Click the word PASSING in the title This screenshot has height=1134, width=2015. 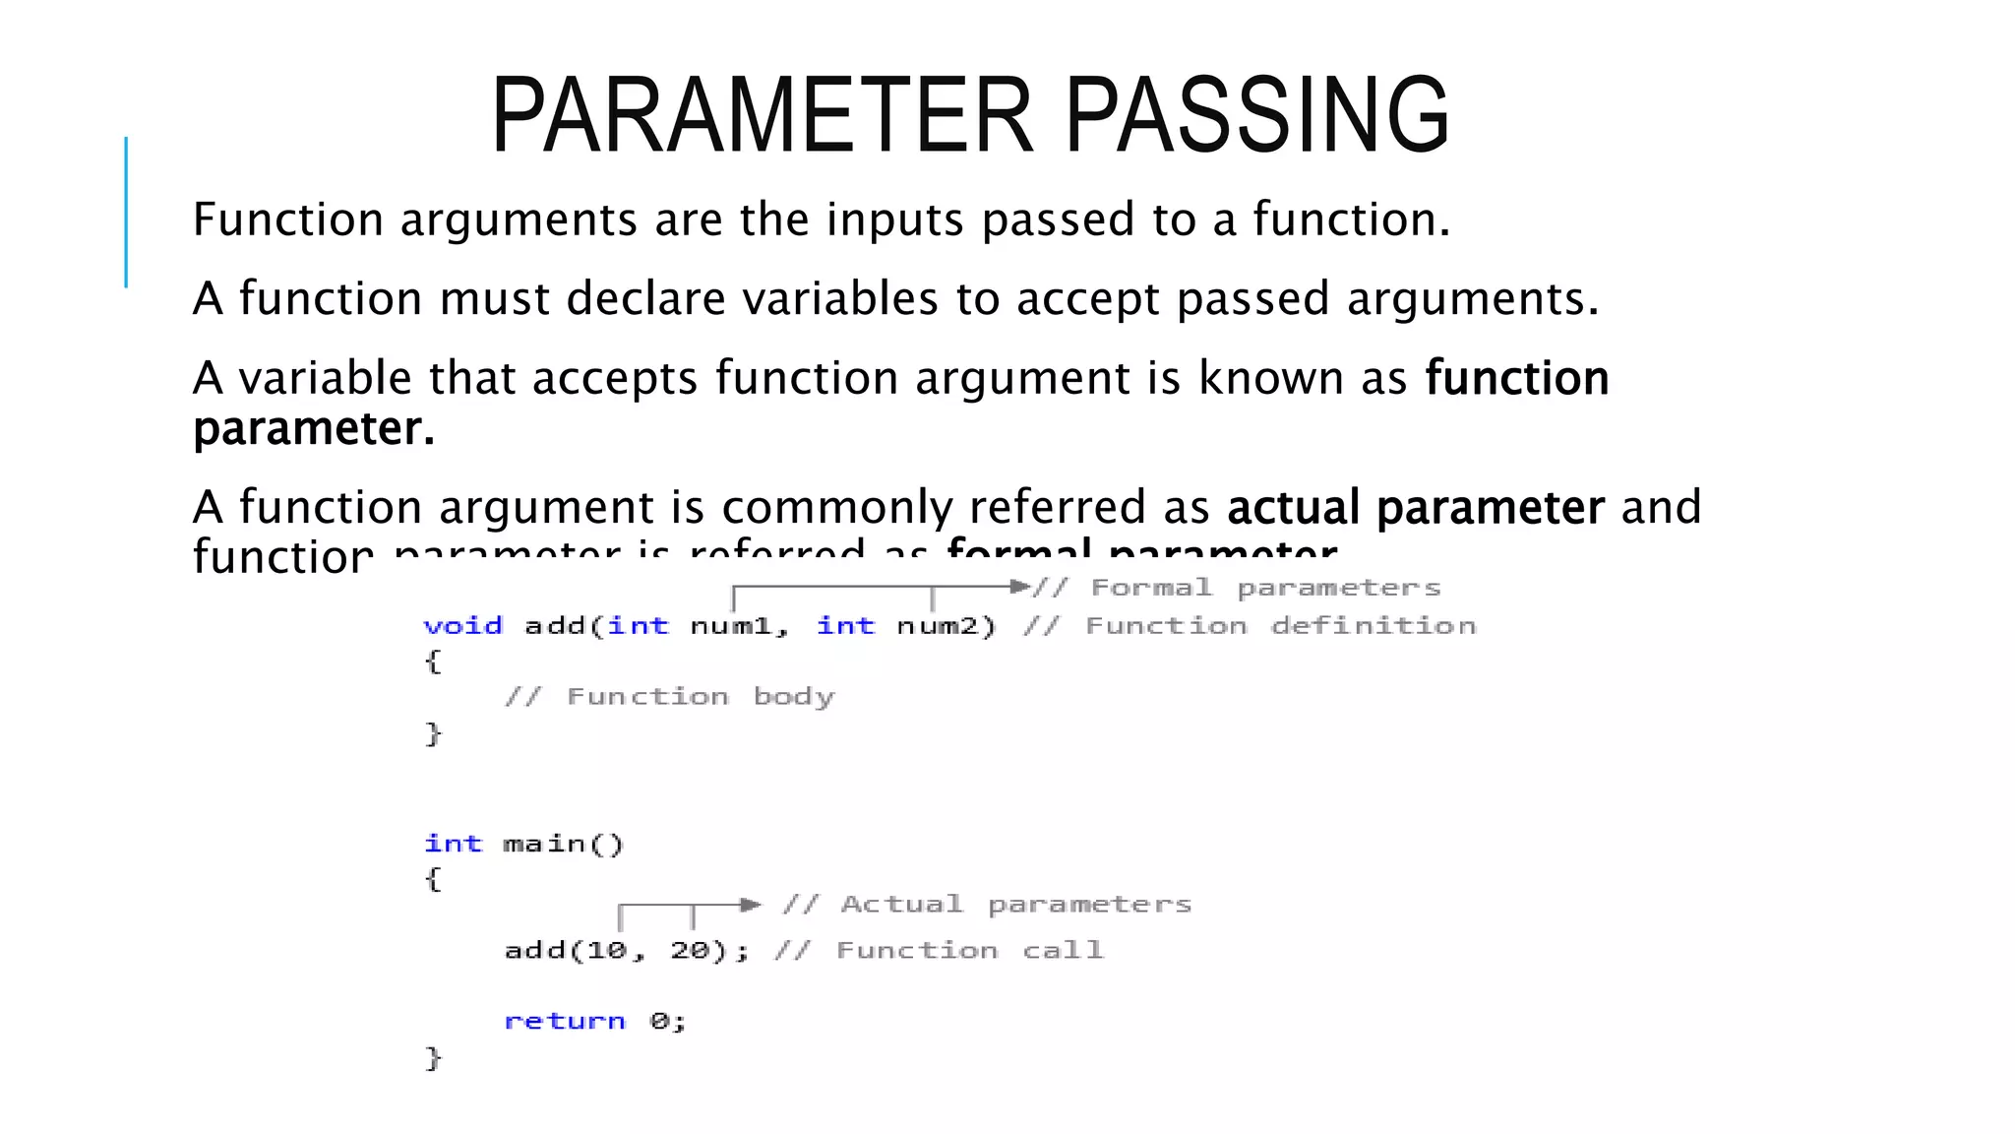(x=1256, y=116)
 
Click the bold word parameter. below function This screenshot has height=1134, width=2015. (x=313, y=428)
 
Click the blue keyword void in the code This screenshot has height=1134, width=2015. (x=462, y=626)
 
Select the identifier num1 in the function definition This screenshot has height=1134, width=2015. (x=730, y=626)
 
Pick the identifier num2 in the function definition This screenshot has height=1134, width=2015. (x=937, y=626)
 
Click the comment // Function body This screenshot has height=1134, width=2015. (x=669, y=697)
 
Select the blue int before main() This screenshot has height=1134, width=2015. (x=453, y=844)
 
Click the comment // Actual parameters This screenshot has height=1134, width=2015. (x=987, y=905)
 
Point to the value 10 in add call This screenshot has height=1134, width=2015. (x=606, y=950)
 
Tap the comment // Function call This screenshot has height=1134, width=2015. (x=939, y=950)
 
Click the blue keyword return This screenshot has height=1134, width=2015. (x=565, y=1021)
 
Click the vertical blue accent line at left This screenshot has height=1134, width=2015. (x=126, y=212)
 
